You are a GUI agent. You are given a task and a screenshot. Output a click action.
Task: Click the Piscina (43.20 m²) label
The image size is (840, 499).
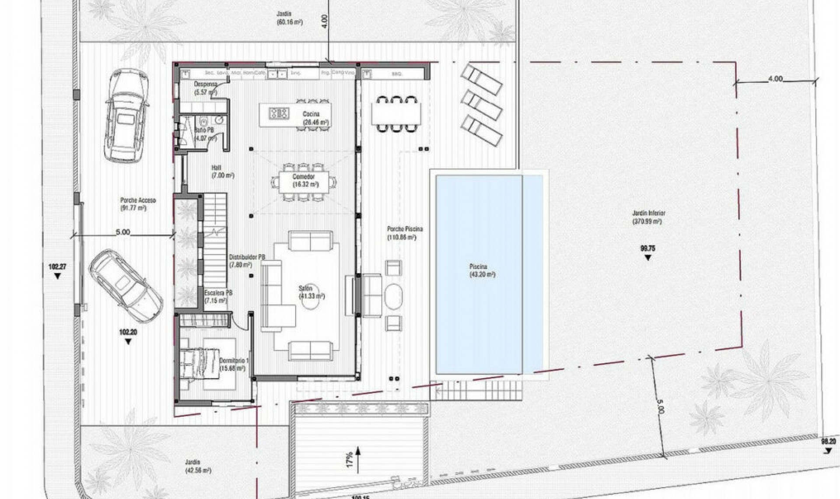tap(482, 271)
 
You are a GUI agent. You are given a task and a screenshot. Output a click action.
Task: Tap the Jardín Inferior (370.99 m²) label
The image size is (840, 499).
tap(648, 217)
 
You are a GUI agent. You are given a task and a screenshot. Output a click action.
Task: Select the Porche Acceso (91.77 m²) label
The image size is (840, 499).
tap(138, 204)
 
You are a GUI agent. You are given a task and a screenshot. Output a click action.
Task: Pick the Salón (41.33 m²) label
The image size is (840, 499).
tap(311, 292)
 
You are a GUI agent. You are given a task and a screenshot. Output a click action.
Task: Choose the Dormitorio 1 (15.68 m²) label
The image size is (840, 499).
tap(234, 365)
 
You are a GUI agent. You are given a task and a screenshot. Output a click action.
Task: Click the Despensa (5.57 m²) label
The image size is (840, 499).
tap(206, 88)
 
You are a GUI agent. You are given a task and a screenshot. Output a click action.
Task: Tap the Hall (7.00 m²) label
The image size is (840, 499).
tap(222, 172)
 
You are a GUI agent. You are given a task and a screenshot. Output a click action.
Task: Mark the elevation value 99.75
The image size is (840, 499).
tap(647, 248)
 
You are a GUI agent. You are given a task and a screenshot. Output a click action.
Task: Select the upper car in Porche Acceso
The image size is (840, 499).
tap(126, 116)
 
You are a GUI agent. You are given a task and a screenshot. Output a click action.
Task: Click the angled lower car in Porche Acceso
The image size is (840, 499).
tap(126, 285)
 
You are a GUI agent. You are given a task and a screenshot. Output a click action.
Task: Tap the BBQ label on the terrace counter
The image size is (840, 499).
tap(397, 74)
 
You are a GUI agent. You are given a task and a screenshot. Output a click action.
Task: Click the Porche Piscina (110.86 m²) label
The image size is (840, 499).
tap(404, 233)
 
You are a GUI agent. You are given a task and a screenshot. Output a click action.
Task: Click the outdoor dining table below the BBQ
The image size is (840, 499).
tap(396, 113)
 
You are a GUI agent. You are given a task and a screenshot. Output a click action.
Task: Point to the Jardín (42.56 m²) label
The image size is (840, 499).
tap(198, 466)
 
